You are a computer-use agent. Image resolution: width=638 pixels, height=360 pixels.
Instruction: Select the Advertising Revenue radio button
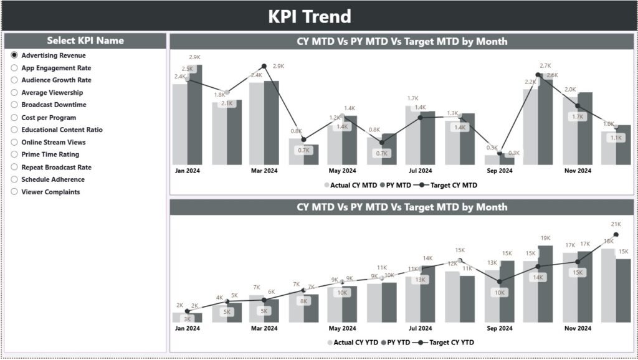[x=14, y=55]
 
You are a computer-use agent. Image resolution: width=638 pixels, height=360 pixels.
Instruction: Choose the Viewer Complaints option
[x=14, y=192]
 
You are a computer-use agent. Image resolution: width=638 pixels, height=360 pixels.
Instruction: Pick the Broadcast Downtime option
[x=14, y=105]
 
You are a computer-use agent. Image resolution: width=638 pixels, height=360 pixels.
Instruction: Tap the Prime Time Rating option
[x=14, y=154]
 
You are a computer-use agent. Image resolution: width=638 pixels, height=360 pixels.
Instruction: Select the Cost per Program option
[x=14, y=117]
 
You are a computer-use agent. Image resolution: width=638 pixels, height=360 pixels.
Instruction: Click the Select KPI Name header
[x=85, y=40]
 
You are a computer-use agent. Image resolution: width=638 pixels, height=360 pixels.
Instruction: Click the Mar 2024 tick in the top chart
[x=264, y=171]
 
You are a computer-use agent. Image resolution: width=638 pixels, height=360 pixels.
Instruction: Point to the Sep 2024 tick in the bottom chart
[x=499, y=328]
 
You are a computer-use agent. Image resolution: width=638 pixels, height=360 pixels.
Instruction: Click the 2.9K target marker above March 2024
[x=264, y=66]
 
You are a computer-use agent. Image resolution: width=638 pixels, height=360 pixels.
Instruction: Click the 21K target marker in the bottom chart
[x=616, y=235]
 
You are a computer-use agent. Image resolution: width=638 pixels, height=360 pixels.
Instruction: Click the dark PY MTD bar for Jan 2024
[x=195, y=115]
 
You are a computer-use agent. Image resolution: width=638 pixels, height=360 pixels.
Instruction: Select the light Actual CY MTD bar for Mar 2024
[x=256, y=123]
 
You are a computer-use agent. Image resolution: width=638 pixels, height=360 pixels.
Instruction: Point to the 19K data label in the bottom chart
[x=545, y=238]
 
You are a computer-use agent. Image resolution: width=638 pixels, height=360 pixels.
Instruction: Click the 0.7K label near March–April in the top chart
[x=304, y=151]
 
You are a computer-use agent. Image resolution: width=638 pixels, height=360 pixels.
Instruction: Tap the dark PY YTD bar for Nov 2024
[x=585, y=287]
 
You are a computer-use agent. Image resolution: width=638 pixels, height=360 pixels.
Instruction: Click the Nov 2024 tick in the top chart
[x=578, y=171]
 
